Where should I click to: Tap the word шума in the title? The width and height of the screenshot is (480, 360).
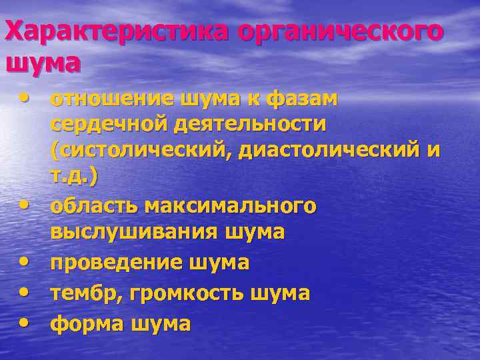[x=43, y=63]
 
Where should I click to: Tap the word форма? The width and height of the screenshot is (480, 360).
[x=83, y=324]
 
